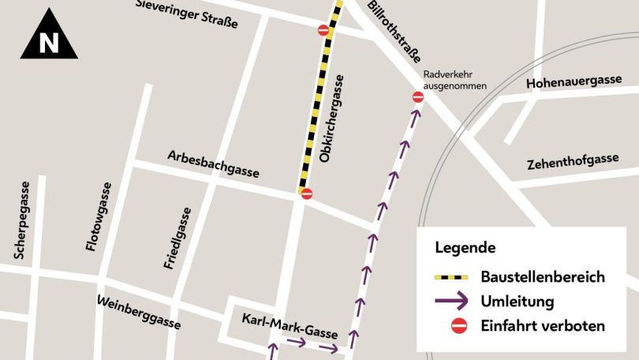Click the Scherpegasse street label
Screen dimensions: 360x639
click(23, 220)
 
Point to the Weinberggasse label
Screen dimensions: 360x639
click(138, 313)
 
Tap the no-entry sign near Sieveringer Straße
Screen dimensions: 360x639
click(323, 30)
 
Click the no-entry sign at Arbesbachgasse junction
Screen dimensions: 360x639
click(307, 193)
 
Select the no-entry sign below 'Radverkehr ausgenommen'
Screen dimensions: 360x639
click(418, 97)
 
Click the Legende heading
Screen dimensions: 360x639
click(465, 247)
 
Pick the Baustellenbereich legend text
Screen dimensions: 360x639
click(543, 277)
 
